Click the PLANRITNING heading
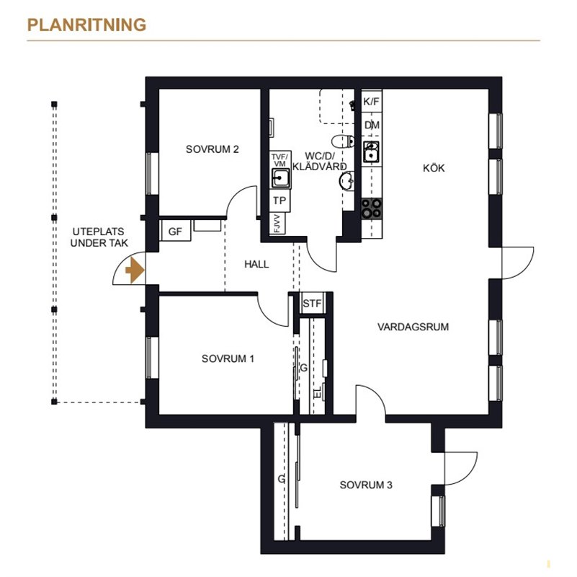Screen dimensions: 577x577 tap(87, 25)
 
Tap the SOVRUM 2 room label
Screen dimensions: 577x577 tap(213, 149)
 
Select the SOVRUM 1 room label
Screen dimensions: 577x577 tap(228, 358)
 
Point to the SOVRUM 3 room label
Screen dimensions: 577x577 tap(366, 485)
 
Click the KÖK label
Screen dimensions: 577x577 tap(434, 167)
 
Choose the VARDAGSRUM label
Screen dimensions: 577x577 tap(413, 327)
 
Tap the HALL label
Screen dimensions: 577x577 tap(256, 264)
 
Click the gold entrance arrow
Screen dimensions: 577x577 tap(135, 270)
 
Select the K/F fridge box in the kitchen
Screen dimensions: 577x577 tap(372, 101)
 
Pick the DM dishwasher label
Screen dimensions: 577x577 tap(372, 125)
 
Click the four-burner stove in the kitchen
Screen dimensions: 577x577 tap(371, 208)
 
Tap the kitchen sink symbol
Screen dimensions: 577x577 tap(371, 151)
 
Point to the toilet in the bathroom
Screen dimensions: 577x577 tap(344, 141)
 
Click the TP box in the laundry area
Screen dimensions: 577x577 tap(279, 201)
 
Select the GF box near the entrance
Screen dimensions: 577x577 tap(176, 231)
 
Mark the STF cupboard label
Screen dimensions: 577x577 tap(312, 303)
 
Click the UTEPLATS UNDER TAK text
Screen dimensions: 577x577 tap(99, 237)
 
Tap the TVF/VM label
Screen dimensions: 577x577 tap(279, 160)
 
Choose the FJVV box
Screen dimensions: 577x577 tap(278, 224)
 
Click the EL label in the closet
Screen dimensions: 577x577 tap(318, 393)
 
